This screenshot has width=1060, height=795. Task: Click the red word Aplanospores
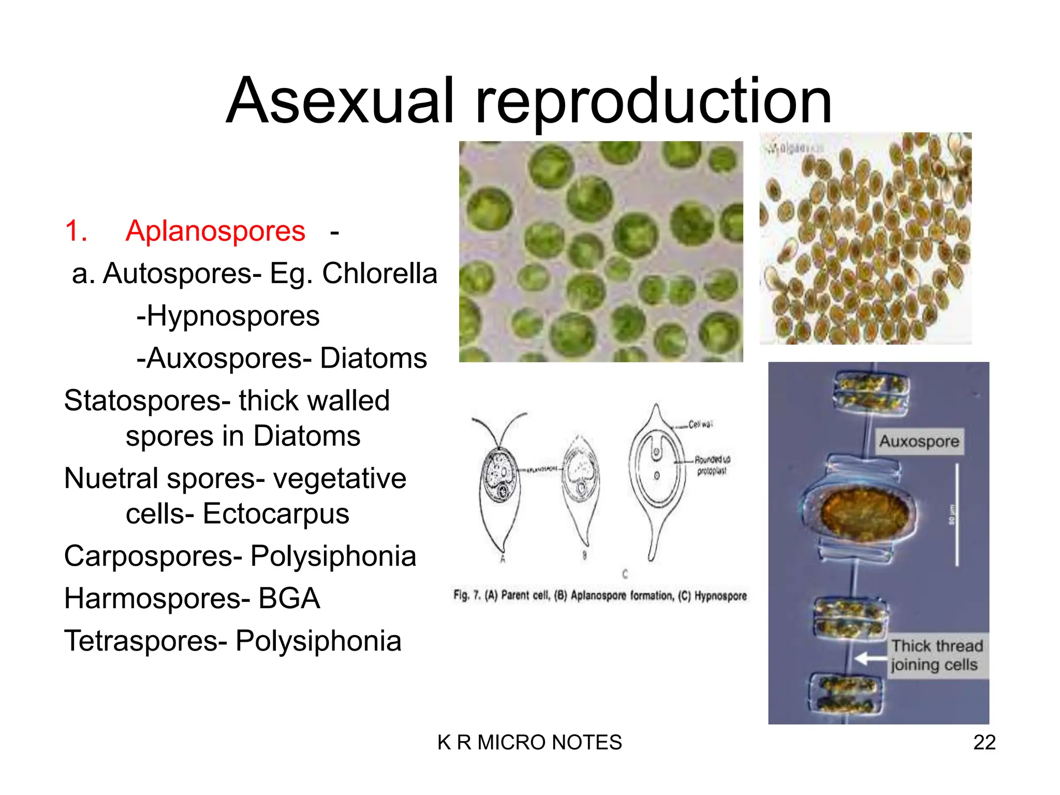[x=215, y=231]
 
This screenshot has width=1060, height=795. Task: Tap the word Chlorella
[x=379, y=273]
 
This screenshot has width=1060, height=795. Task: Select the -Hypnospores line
[x=228, y=316]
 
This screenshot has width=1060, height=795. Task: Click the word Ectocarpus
[x=275, y=514]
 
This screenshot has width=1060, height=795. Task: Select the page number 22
[x=984, y=743]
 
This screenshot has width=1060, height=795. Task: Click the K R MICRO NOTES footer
[x=529, y=743]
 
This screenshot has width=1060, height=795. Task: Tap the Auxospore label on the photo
[x=919, y=441]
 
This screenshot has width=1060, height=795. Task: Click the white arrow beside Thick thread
[x=871, y=658]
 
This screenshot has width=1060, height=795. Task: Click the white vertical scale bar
[x=956, y=515]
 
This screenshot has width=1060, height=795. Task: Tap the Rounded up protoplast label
[x=712, y=465]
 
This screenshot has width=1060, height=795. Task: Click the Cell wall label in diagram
[x=700, y=424]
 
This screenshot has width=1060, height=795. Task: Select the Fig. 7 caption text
[x=599, y=596]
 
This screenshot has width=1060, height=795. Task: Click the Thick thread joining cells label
[x=937, y=655]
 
